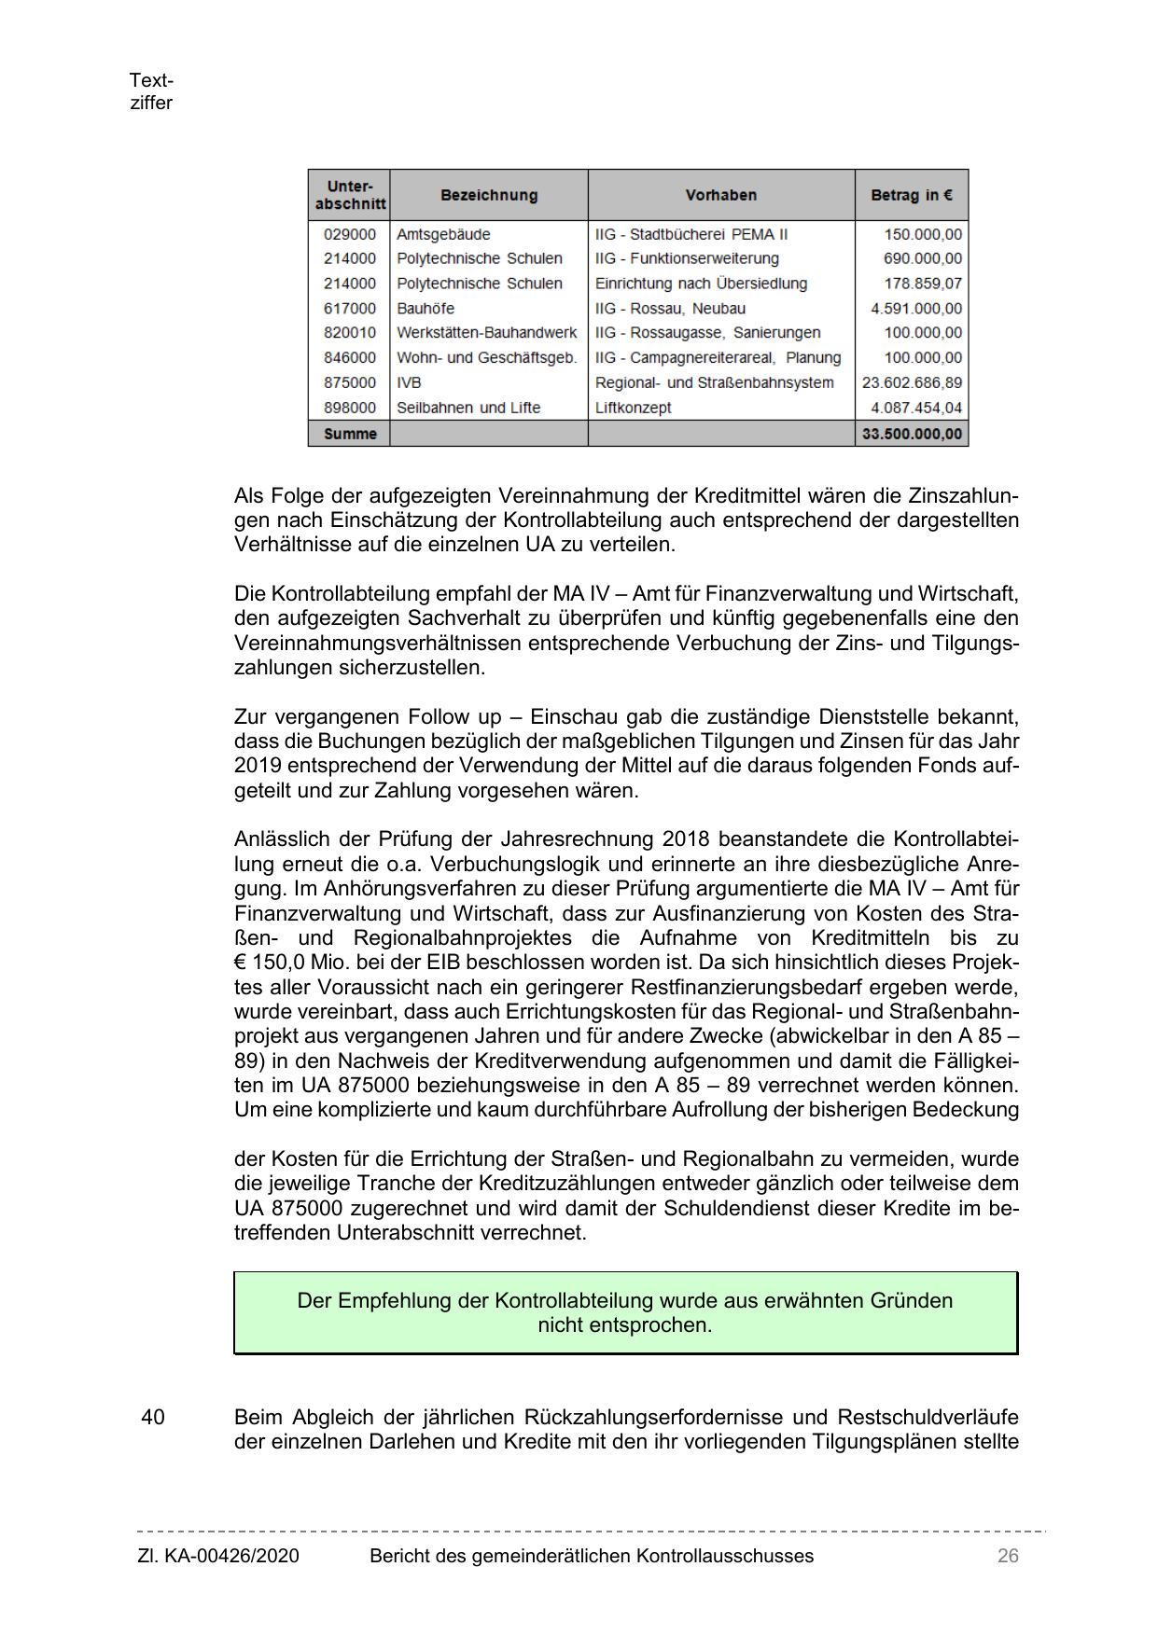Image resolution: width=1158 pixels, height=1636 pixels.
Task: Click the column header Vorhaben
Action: pos(720,196)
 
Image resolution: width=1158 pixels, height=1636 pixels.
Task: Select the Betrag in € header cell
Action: pos(911,196)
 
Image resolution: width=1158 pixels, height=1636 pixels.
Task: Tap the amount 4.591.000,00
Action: pos(915,309)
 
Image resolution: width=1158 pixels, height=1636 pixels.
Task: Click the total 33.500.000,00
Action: pos(912,434)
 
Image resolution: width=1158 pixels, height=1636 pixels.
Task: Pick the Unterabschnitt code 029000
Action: pos(350,234)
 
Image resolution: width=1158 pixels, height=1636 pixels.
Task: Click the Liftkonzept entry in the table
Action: pos(634,408)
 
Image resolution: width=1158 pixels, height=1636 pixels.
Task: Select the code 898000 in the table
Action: pos(350,408)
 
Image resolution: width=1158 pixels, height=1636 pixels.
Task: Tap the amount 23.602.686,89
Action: pos(912,382)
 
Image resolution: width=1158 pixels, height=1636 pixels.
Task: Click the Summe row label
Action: pos(350,434)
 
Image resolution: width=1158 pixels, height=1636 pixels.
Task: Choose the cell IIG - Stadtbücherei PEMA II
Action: pos(691,234)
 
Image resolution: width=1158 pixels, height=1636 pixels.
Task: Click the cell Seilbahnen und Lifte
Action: pos(468,408)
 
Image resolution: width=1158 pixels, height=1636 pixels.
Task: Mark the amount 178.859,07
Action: pos(923,284)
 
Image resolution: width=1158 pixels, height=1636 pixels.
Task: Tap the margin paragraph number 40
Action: pos(153,1418)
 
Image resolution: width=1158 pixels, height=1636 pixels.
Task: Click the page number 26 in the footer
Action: pos(1007,1556)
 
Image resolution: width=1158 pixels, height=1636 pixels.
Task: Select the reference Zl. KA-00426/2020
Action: pos(218,1556)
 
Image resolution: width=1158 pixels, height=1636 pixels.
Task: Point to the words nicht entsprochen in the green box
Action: pos(624,1325)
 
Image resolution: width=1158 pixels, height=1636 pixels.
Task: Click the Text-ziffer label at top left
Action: pos(151,92)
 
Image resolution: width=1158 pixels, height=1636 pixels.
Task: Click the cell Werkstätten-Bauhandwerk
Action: pos(487,333)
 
